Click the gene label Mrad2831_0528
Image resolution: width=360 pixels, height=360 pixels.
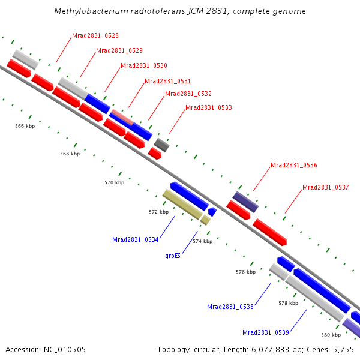(x=95, y=35)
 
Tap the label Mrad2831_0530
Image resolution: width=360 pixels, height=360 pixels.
(x=144, y=65)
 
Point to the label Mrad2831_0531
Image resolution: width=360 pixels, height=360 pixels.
(x=167, y=81)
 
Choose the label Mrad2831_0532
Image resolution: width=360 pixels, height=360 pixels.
(x=188, y=94)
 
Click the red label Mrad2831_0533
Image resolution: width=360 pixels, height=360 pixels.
(x=209, y=108)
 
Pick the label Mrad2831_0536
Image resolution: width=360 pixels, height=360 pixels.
(x=294, y=165)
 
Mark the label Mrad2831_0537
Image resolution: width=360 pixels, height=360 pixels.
(x=326, y=187)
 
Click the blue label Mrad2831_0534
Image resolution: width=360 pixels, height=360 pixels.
(x=136, y=239)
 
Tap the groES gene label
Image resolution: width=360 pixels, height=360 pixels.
(x=173, y=256)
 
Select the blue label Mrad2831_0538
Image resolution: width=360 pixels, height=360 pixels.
(x=230, y=307)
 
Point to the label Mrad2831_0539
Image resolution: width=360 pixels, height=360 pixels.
(x=266, y=332)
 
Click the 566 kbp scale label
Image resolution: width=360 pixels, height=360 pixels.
(x=25, y=127)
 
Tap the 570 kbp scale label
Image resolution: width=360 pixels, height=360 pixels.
(x=114, y=182)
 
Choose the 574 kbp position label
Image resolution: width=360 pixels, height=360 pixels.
(x=202, y=241)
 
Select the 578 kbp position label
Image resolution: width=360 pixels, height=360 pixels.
(x=289, y=304)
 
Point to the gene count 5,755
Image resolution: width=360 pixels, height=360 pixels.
(x=344, y=349)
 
